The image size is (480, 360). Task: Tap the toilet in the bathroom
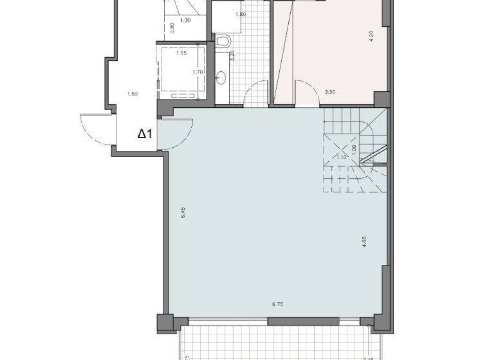click(x=224, y=42)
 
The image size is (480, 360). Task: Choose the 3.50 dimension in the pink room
click(x=330, y=92)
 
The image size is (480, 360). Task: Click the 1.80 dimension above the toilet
click(x=240, y=14)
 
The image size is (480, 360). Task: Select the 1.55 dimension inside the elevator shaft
click(x=181, y=53)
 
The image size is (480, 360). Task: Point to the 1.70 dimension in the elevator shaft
click(x=197, y=72)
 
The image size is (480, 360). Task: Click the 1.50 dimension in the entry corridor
click(x=132, y=94)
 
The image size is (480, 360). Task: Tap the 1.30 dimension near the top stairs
click(x=185, y=20)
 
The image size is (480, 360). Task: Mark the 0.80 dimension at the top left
click(x=172, y=28)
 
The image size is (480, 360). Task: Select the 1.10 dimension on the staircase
click(x=341, y=157)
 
